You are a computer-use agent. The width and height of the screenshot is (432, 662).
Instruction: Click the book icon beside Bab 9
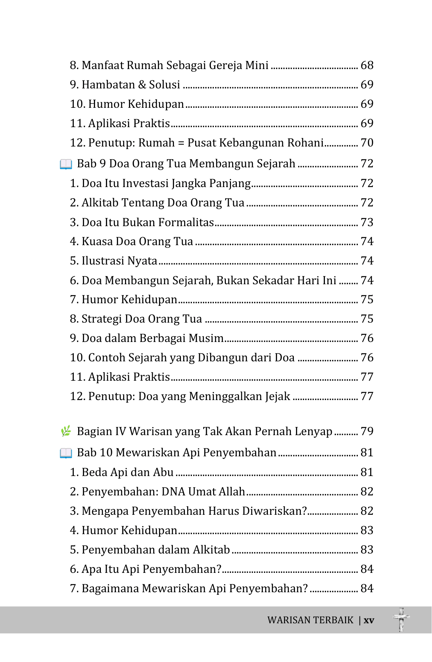pyautogui.click(x=66, y=164)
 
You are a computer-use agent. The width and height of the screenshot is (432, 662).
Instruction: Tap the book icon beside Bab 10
pyautogui.click(x=66, y=453)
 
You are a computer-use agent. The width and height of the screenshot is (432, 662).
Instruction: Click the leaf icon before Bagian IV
pyautogui.click(x=66, y=431)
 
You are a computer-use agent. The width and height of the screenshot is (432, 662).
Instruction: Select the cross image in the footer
pyautogui.click(x=401, y=620)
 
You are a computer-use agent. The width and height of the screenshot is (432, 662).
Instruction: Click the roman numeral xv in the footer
pyautogui.click(x=369, y=620)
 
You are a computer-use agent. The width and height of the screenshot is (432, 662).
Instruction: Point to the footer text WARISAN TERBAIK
pyautogui.click(x=310, y=620)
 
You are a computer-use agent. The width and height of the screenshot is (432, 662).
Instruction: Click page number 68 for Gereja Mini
pyautogui.click(x=367, y=65)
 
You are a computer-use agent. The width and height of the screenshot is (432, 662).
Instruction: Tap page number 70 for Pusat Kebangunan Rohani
pyautogui.click(x=367, y=143)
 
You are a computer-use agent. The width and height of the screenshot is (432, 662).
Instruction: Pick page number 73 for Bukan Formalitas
pyautogui.click(x=367, y=222)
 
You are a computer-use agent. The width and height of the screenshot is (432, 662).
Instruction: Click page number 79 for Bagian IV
pyautogui.click(x=367, y=431)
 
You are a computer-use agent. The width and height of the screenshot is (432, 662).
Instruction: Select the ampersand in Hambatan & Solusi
pyautogui.click(x=142, y=85)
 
